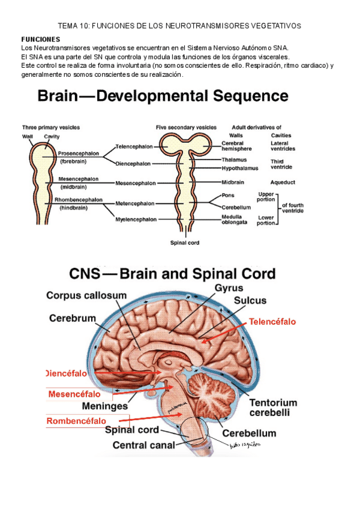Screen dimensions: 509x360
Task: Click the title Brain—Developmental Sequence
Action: [x=163, y=97]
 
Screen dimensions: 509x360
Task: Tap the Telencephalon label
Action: [x=134, y=146]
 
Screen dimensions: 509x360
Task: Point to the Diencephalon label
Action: [x=134, y=163]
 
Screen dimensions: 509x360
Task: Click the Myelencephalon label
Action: [x=136, y=220]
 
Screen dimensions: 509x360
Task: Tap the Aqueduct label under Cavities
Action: [x=283, y=182]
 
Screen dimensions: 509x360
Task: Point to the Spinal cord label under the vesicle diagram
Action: [x=185, y=243]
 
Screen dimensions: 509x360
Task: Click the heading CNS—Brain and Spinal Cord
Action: [x=173, y=275]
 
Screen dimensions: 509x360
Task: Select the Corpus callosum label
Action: [x=86, y=295]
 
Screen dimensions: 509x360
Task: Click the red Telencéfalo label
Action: [x=272, y=322]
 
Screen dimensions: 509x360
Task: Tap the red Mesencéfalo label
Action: [x=74, y=394]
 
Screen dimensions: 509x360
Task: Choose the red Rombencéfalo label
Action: [x=76, y=421]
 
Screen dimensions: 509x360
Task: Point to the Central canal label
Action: [x=144, y=445]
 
